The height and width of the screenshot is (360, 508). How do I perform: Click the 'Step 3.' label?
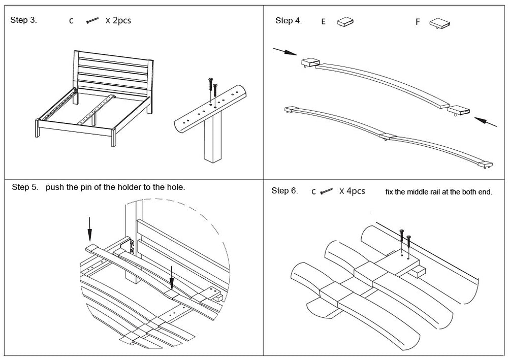coord(23,21)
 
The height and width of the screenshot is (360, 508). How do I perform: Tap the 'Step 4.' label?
coord(289,21)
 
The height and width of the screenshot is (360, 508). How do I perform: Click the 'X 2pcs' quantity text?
coord(118,21)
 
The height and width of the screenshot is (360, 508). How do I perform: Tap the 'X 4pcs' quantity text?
coord(352,191)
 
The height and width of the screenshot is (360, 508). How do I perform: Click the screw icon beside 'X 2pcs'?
coord(92,21)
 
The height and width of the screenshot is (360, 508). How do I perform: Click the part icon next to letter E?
coord(345,22)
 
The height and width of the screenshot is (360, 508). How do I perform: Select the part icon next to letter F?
coord(440,23)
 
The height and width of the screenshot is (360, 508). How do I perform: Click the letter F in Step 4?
coord(418,22)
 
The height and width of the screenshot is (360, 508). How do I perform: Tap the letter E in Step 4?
coord(323,22)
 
